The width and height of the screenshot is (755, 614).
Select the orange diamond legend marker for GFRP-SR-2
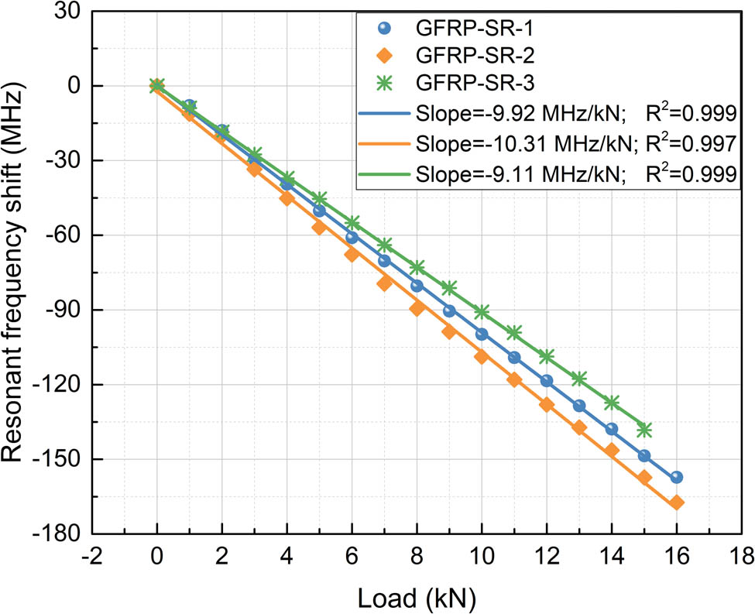point(386,56)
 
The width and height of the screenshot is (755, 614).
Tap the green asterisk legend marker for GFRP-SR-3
point(386,81)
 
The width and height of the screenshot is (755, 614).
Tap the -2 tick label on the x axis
point(91,555)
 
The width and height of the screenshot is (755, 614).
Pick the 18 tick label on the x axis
point(742,555)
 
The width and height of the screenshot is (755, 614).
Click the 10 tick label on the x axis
point(482,555)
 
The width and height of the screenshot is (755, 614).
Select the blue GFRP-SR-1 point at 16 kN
point(677,477)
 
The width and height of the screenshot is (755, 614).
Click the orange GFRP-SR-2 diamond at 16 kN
point(677,503)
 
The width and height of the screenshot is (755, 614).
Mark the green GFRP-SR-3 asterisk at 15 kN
point(644,430)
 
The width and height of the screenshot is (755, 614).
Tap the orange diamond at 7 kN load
point(384,283)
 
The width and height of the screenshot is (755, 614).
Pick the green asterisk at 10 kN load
point(482,312)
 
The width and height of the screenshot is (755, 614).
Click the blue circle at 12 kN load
point(547,380)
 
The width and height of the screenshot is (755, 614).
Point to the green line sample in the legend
point(386,174)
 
